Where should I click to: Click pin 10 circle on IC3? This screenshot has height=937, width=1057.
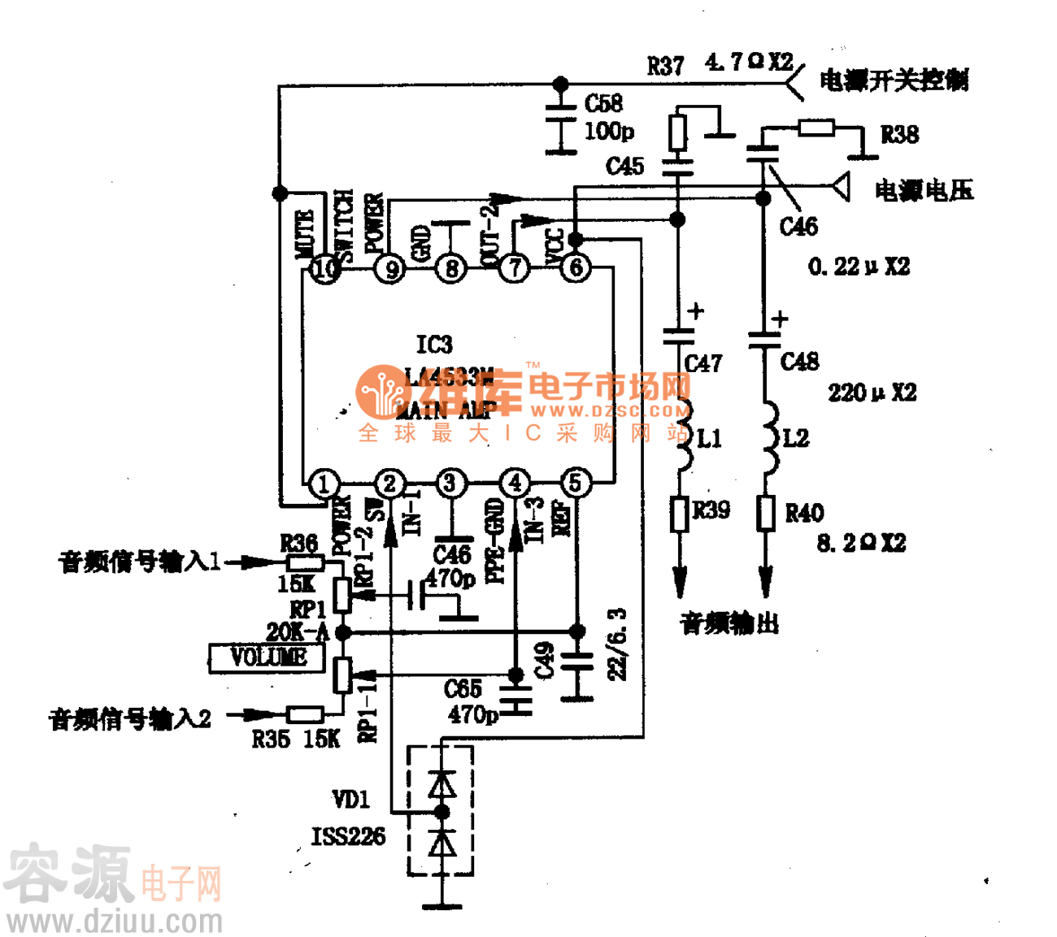click(x=325, y=268)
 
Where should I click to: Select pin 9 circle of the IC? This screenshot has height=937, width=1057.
click(x=390, y=268)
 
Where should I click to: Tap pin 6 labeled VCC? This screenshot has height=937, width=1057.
click(x=576, y=267)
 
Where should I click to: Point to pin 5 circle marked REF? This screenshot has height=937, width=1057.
click(x=575, y=484)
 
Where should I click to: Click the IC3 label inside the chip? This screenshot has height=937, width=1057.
click(x=434, y=345)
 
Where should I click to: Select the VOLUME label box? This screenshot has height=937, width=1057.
click(x=268, y=657)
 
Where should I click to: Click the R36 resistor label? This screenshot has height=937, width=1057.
click(x=298, y=543)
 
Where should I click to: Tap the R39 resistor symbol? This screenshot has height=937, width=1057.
click(x=680, y=514)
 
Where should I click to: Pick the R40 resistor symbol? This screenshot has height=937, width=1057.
click(x=765, y=514)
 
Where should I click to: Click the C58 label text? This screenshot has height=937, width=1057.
click(x=603, y=103)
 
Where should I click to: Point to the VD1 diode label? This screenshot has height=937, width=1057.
click(x=350, y=800)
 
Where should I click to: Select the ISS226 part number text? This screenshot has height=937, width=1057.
click(x=348, y=836)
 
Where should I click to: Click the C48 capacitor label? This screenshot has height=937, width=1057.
click(x=799, y=362)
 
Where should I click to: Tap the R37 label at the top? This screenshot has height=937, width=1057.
click(x=665, y=66)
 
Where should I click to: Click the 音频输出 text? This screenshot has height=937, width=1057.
click(x=729, y=623)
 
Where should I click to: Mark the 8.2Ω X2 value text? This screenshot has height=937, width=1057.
click(x=861, y=543)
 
